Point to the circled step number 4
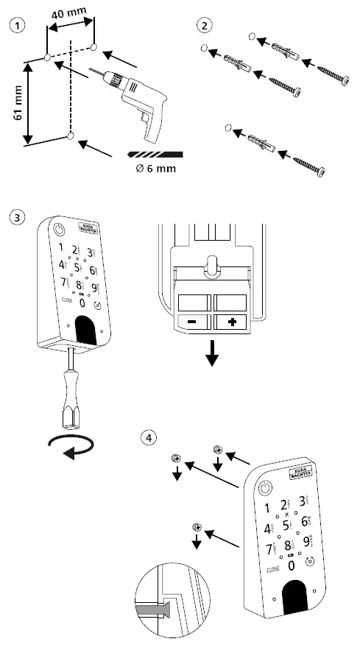coord(150,437)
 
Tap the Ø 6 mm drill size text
coord(155,168)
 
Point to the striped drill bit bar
coord(154,154)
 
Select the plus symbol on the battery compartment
coord(231,322)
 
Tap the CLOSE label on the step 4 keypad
coord(270,569)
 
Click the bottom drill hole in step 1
coord(69,137)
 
